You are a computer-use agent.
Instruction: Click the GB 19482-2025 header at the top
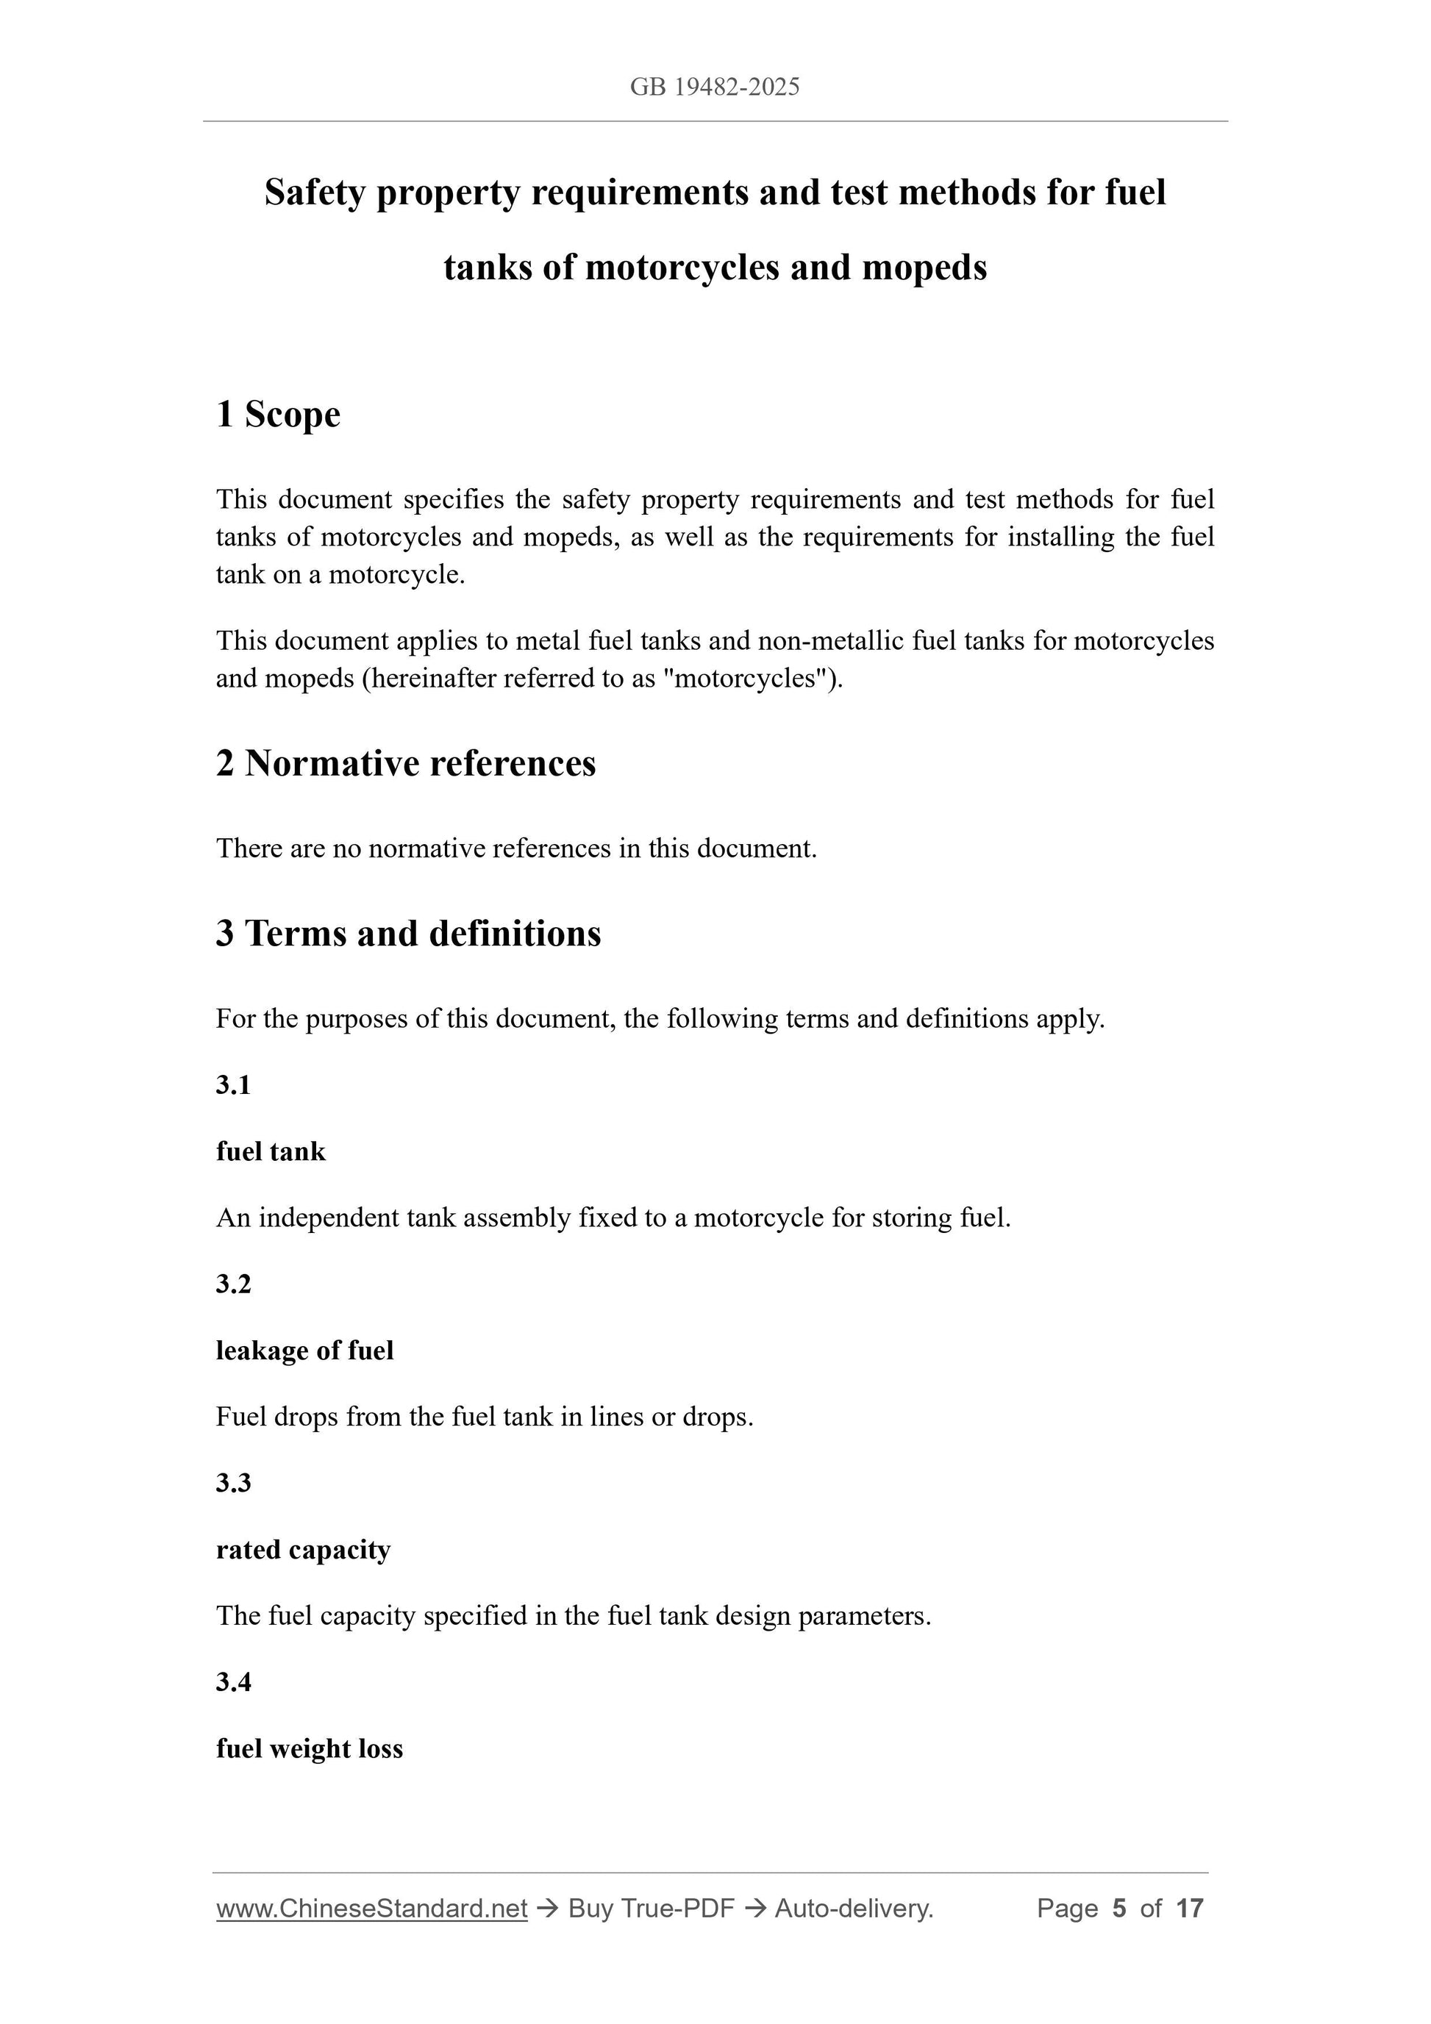[714, 87]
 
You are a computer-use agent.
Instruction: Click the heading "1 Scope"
[278, 415]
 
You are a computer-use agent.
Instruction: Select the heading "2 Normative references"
[406, 763]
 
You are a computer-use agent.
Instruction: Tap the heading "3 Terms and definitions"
[408, 934]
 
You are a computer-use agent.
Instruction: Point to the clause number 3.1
[234, 1085]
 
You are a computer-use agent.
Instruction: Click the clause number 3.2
[234, 1284]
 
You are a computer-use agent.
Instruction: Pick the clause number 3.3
[234, 1483]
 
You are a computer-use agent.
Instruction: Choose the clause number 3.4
[234, 1682]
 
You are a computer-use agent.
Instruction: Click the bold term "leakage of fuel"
[304, 1351]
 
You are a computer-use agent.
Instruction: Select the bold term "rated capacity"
[302, 1550]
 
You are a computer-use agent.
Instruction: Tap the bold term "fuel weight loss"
[309, 1749]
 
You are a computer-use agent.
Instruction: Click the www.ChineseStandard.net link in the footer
[371, 1909]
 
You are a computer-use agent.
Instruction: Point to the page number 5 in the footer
[1119, 1909]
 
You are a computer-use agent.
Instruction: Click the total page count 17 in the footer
[1189, 1909]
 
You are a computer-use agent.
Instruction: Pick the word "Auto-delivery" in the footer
[854, 1909]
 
